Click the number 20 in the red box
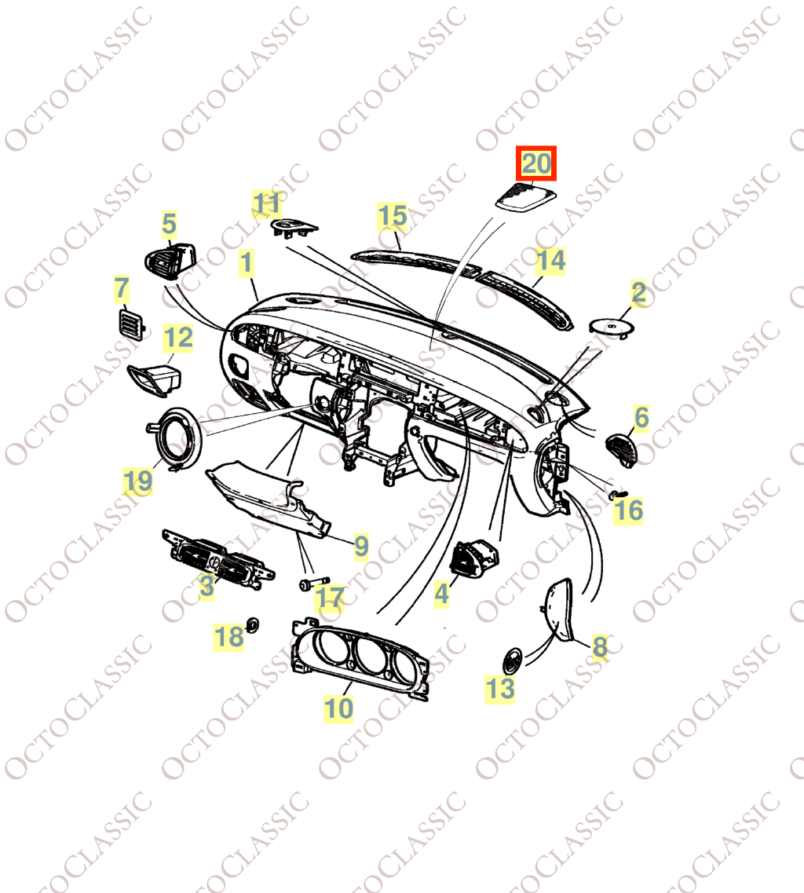click(x=535, y=163)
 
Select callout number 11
click(x=267, y=204)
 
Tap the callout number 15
click(x=393, y=216)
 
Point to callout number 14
click(x=550, y=261)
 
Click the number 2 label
click(x=639, y=293)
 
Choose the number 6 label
click(x=641, y=418)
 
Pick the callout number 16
click(x=628, y=511)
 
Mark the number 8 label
click(x=600, y=647)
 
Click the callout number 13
click(x=499, y=689)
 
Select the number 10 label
click(x=338, y=708)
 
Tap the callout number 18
click(x=229, y=637)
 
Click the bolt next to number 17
click(x=314, y=584)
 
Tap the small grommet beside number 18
click(x=252, y=624)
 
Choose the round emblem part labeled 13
click(x=512, y=660)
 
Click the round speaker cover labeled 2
click(x=612, y=327)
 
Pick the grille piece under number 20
click(x=524, y=196)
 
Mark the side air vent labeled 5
click(x=170, y=262)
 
